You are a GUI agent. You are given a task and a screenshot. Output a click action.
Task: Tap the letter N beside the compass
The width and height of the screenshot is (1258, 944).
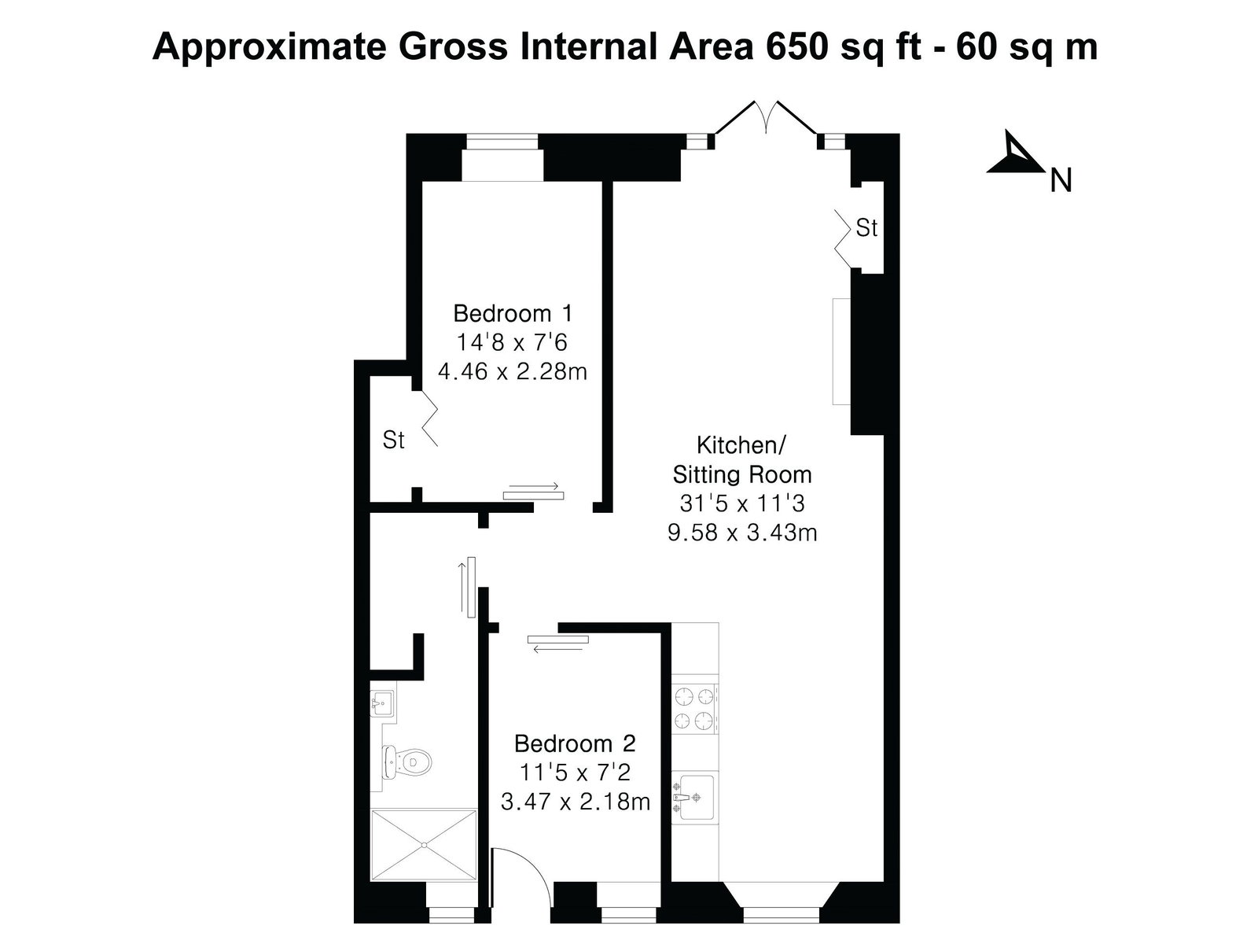coord(1061,181)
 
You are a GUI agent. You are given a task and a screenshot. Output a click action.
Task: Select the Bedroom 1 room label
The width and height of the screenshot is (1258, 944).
coord(513,313)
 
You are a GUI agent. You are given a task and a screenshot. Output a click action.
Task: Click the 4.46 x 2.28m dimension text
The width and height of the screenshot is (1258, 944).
coord(513,371)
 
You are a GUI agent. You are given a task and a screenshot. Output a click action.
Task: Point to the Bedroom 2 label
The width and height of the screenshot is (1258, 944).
coord(575,743)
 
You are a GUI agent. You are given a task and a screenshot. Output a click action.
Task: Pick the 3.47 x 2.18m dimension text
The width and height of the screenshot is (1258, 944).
coord(575,802)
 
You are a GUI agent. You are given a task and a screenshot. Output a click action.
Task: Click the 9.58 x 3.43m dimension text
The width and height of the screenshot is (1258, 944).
coord(742,533)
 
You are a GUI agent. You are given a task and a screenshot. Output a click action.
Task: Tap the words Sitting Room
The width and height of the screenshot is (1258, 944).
coord(742,474)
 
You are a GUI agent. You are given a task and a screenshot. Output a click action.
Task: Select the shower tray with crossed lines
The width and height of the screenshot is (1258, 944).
coord(424,844)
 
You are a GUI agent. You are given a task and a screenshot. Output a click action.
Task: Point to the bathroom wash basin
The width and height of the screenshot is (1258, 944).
coord(382,702)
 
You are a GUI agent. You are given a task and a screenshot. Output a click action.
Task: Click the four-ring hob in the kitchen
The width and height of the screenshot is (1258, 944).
coord(694,709)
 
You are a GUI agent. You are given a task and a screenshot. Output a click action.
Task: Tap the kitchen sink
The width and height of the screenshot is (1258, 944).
coord(694,797)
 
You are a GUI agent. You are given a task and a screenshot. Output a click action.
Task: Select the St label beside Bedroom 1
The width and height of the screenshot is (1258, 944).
coord(393,441)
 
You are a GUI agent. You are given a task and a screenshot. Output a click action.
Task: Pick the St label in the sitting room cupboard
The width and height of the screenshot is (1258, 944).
coord(866,228)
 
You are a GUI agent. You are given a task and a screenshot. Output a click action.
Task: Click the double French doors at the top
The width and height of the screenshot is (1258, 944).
coord(767,117)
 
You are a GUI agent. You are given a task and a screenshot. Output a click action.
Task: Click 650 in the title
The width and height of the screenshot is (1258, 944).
coord(796,46)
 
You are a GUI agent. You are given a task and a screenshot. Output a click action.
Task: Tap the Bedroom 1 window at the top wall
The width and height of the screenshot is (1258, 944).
coord(502,142)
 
